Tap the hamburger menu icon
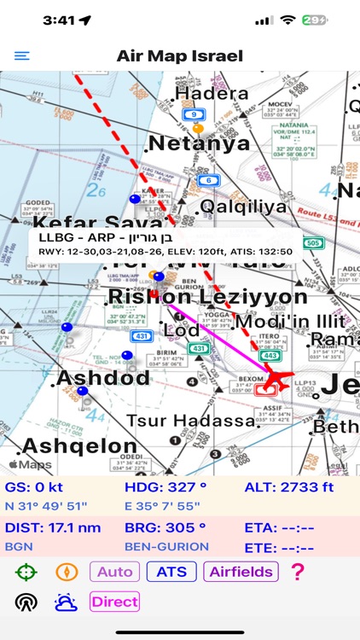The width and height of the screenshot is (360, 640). pyautogui.click(x=21, y=56)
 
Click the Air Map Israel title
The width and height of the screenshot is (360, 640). pyautogui.click(x=180, y=56)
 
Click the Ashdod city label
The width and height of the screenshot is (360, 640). pyautogui.click(x=103, y=377)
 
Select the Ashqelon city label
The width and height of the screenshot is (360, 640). pyautogui.click(x=79, y=445)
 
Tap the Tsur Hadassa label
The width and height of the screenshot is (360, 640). pyautogui.click(x=191, y=421)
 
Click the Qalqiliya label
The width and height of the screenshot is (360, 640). pyautogui.click(x=241, y=207)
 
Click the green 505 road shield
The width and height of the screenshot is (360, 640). pyautogui.click(x=314, y=242)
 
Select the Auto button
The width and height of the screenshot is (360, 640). pyautogui.click(x=115, y=572)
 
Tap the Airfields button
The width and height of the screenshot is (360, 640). pyautogui.click(x=241, y=572)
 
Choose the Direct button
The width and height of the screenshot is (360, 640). pyautogui.click(x=114, y=602)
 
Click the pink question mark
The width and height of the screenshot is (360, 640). pyautogui.click(x=297, y=572)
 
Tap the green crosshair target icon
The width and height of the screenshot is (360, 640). pyautogui.click(x=26, y=572)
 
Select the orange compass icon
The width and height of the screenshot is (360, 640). pyautogui.click(x=67, y=572)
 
